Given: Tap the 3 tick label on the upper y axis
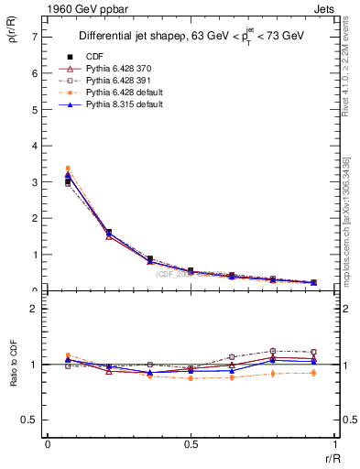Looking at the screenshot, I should [34, 182].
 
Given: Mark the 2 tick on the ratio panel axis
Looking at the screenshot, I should [34, 309].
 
